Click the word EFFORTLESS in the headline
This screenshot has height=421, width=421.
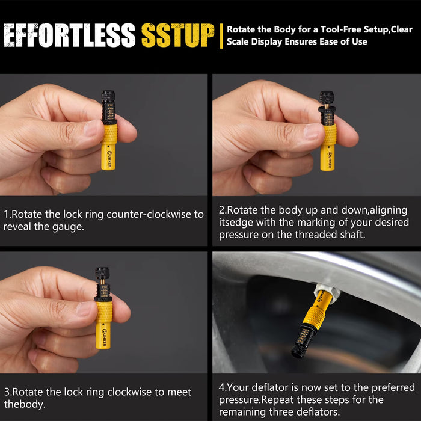[69, 35]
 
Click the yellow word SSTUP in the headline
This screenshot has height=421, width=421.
[178, 35]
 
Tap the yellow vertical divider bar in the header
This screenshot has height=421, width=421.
[221, 36]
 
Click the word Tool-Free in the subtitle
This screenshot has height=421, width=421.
[340, 29]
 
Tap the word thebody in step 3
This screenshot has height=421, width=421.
[25, 404]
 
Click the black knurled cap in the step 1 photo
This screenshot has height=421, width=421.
[108, 96]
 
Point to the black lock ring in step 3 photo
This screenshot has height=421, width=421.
[103, 299]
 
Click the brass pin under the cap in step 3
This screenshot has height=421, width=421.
[103, 281]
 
